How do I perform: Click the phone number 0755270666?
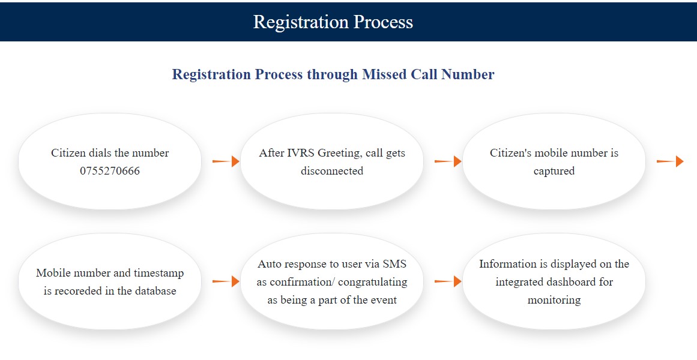tap(110, 171)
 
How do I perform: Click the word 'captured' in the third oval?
tap(554, 172)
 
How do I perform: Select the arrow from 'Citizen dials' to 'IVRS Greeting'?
tap(226, 161)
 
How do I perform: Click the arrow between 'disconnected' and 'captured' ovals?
tap(448, 161)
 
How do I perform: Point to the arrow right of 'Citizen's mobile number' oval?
tap(670, 161)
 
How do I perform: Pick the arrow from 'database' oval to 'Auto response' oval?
tap(226, 281)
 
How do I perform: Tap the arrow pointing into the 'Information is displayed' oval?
tap(448, 281)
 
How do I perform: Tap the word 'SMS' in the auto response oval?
tap(395, 264)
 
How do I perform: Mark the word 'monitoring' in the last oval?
tap(554, 301)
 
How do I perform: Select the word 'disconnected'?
tap(331, 171)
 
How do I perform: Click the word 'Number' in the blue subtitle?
tap(468, 74)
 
